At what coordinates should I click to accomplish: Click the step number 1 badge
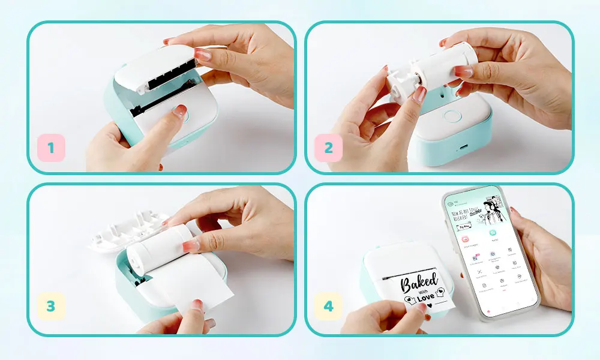[x=51, y=148]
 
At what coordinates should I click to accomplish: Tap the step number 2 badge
[x=328, y=148]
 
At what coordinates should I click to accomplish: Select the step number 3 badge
[x=51, y=306]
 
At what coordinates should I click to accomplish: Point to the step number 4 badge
[x=328, y=306]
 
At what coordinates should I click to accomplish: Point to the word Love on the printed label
[x=426, y=297]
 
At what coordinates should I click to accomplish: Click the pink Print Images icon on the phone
[x=465, y=239]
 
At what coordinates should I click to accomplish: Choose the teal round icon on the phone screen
[x=493, y=232]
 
